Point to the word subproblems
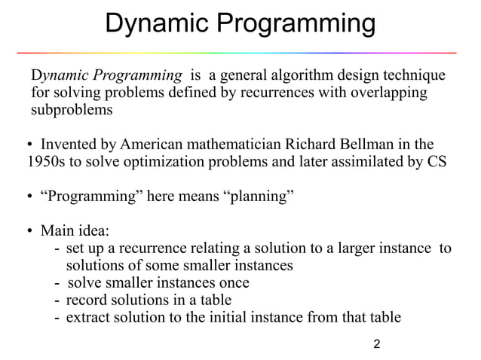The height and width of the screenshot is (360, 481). tap(71, 111)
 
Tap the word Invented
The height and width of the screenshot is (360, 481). tap(69, 144)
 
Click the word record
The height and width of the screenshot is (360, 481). tap(87, 300)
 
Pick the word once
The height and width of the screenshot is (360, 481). tap(234, 282)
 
